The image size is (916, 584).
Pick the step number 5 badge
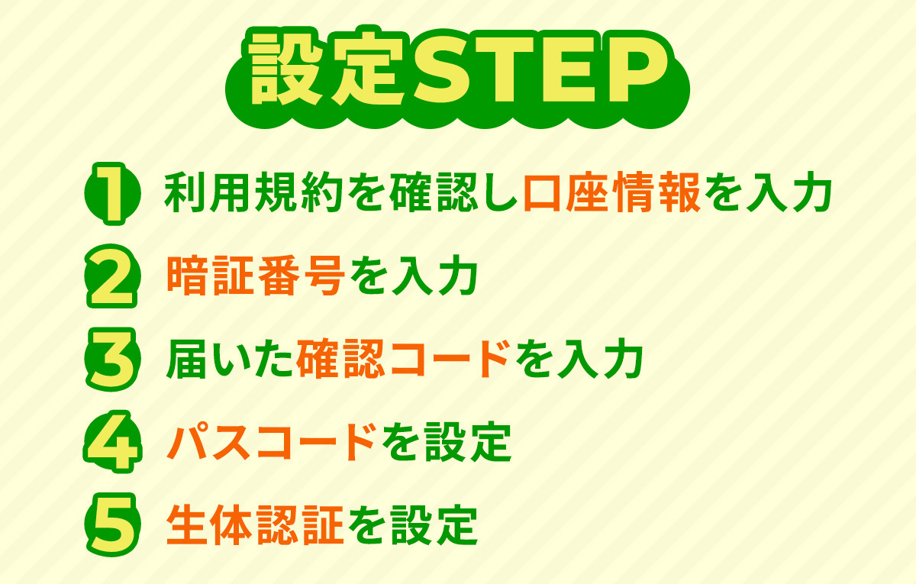[x=111, y=524]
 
